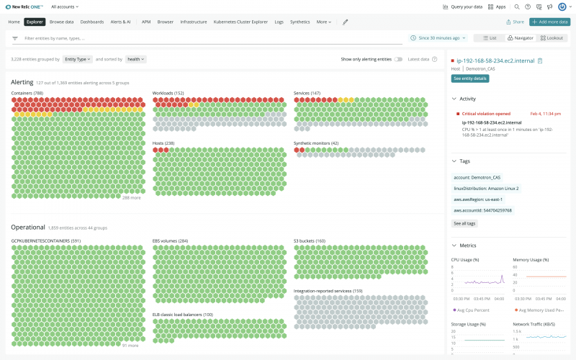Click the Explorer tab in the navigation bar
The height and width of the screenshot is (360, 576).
tap(35, 22)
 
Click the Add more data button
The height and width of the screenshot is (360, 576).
tap(549, 22)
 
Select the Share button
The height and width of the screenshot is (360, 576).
tap(515, 22)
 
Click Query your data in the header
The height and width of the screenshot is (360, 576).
tap(461, 6)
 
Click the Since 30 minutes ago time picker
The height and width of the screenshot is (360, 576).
tap(438, 37)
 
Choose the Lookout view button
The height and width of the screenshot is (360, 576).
tap(552, 37)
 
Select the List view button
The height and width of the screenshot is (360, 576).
tap(489, 37)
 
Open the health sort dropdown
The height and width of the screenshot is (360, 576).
tap(135, 59)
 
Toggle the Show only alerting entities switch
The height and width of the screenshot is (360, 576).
tap(397, 59)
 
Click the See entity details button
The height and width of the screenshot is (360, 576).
tap(470, 78)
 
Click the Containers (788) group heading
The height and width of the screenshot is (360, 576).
tap(27, 93)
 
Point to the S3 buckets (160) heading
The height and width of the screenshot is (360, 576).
tap(310, 240)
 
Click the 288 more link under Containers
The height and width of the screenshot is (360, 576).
tap(131, 197)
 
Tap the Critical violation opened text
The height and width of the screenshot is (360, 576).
tap(486, 114)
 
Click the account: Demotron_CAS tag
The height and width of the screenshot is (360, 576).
tap(477, 177)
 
